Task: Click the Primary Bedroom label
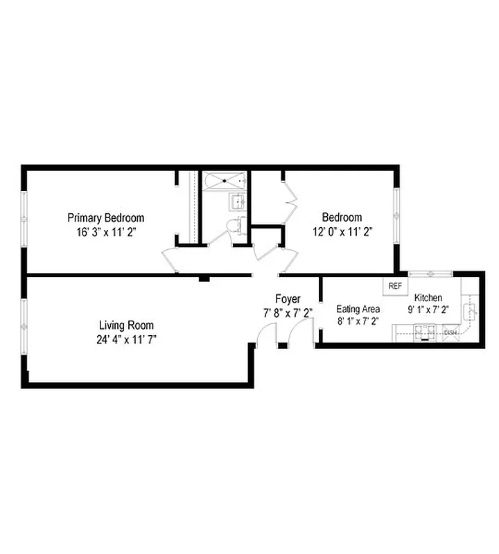[x=105, y=217]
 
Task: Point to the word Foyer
[x=288, y=299]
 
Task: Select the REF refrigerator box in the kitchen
[x=396, y=285]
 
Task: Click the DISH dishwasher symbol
[x=450, y=333]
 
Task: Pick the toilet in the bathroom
[x=238, y=225]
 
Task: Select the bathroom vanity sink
[x=238, y=202]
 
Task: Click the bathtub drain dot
[x=224, y=179]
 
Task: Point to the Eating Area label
[x=358, y=309]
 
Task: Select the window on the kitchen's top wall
[x=430, y=274]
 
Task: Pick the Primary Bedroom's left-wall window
[x=24, y=219]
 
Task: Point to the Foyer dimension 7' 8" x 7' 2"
[x=288, y=312]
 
